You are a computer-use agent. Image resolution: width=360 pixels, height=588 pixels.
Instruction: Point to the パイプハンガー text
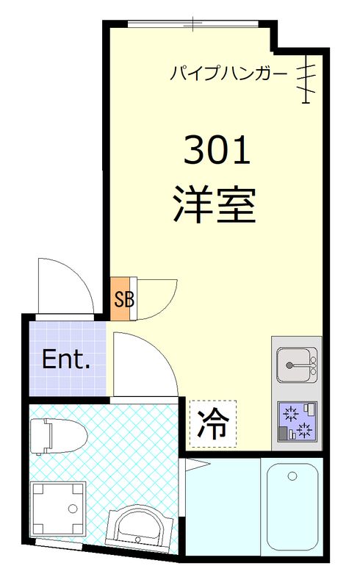pos(228,73)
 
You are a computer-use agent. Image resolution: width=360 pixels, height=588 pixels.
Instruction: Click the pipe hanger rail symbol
pos(308,77)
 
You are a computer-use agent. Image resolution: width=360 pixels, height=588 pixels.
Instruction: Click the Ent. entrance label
pos(65,360)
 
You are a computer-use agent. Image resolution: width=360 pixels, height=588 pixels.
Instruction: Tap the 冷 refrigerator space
pos(213,423)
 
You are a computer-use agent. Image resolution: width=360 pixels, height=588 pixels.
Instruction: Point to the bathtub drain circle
pos(292,477)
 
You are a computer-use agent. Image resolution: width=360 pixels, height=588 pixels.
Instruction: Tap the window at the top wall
pos(194,24)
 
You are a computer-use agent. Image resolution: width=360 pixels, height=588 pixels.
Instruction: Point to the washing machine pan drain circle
pos(71,508)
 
